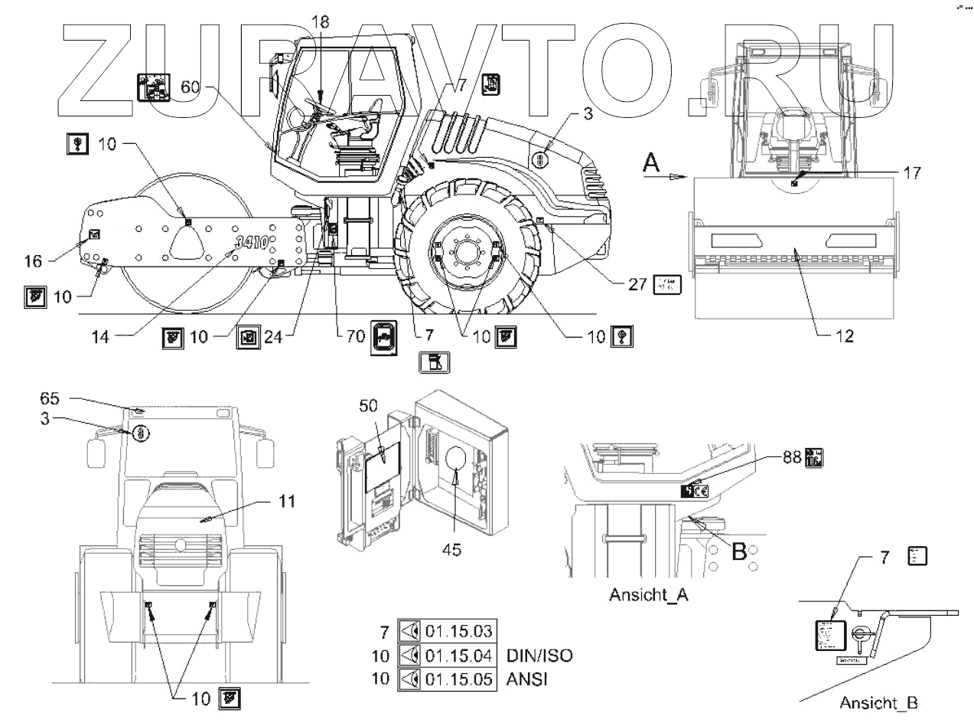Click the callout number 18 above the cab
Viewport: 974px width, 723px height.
point(320,21)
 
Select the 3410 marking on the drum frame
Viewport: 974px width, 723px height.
point(252,244)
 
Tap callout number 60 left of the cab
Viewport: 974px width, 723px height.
point(191,87)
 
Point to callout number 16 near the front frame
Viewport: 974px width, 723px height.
point(33,261)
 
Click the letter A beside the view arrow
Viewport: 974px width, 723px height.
point(651,162)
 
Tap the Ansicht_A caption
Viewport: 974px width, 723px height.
point(649,594)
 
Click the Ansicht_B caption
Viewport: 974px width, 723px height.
point(878,702)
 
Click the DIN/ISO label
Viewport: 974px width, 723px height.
point(539,656)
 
